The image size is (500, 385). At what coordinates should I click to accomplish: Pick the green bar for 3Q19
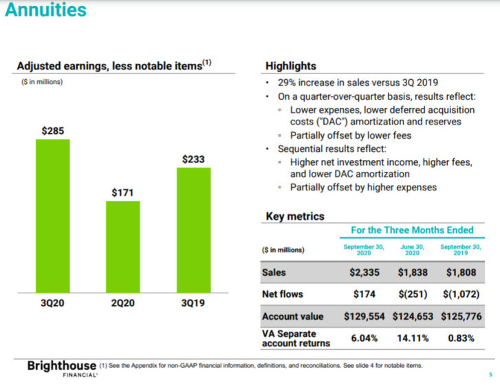[x=193, y=230]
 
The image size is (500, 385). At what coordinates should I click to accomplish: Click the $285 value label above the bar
[x=52, y=130]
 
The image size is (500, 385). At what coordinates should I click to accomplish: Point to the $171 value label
[x=123, y=192]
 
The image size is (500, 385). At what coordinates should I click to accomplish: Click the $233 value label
[x=193, y=159]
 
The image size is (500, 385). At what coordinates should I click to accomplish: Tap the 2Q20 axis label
[x=123, y=302]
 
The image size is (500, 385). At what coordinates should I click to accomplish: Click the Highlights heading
[x=290, y=66]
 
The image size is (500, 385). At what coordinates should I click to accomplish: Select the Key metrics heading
[x=294, y=217]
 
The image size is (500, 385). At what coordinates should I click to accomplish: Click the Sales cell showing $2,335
[x=364, y=272]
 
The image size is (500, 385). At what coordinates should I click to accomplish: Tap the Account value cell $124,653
[x=413, y=317]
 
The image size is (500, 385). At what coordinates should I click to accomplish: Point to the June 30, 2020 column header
[x=413, y=249]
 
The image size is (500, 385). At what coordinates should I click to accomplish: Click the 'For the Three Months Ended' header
[x=413, y=230]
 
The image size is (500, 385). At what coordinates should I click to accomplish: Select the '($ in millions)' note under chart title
[x=40, y=82]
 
